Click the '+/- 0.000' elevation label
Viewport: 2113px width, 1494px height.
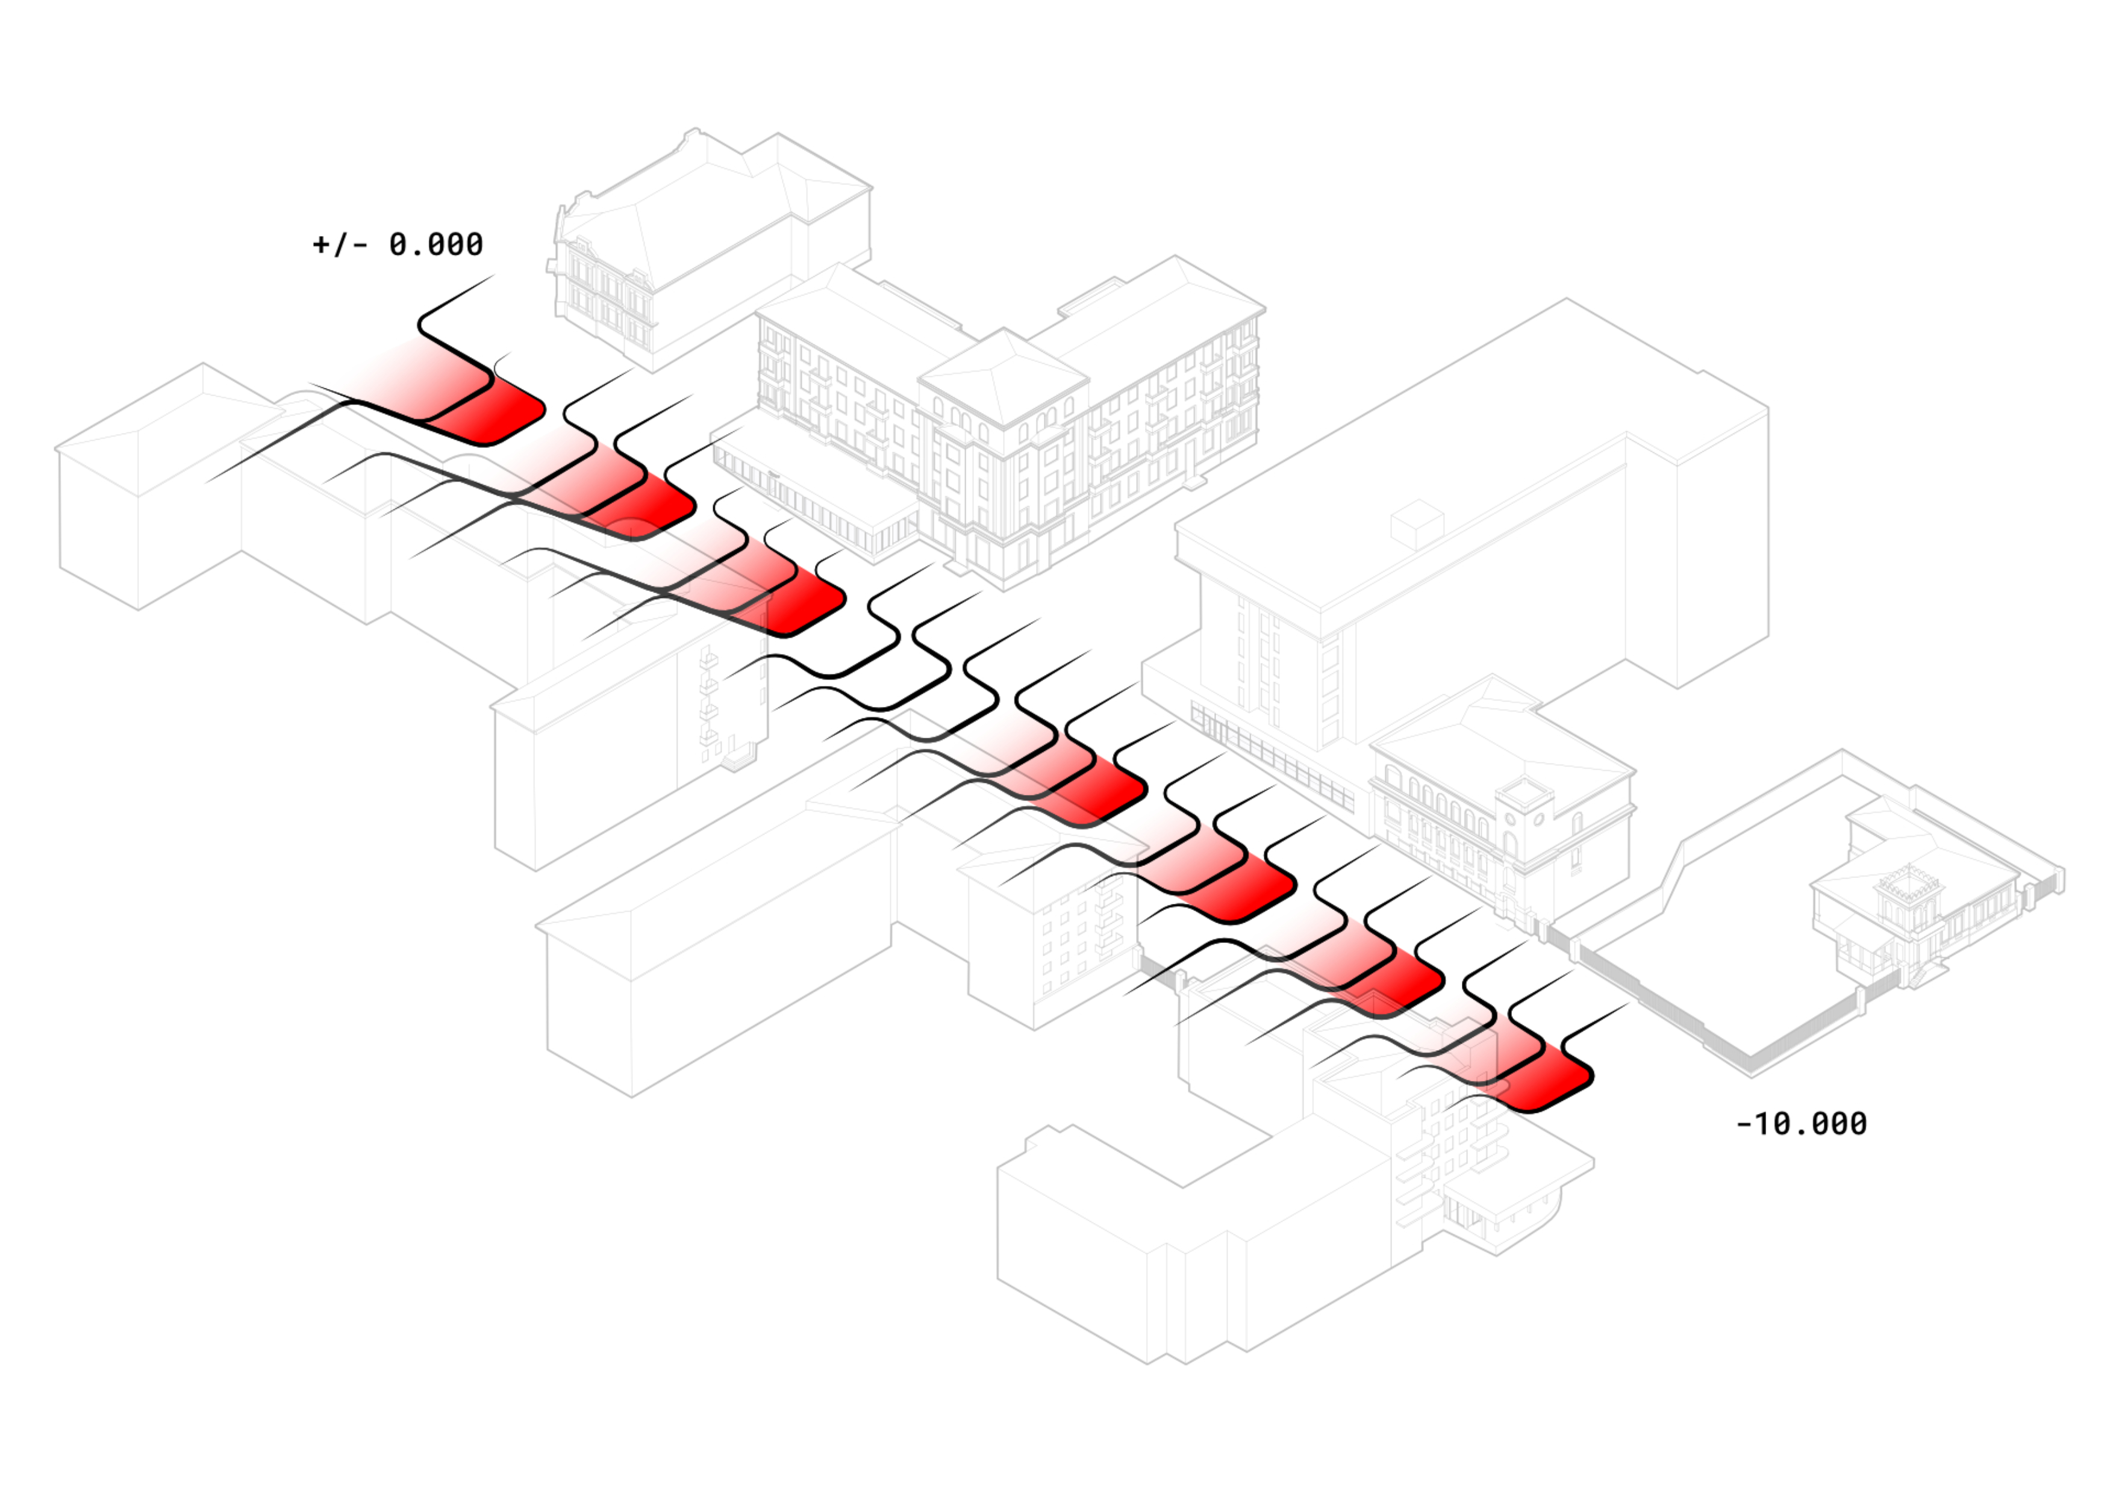tap(398, 244)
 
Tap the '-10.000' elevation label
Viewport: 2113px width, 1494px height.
tap(1801, 1123)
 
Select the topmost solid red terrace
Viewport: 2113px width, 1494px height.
tap(488, 412)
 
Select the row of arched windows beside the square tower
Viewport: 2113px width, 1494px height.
tap(1435, 795)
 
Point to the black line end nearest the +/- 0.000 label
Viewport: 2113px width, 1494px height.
tap(494, 275)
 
